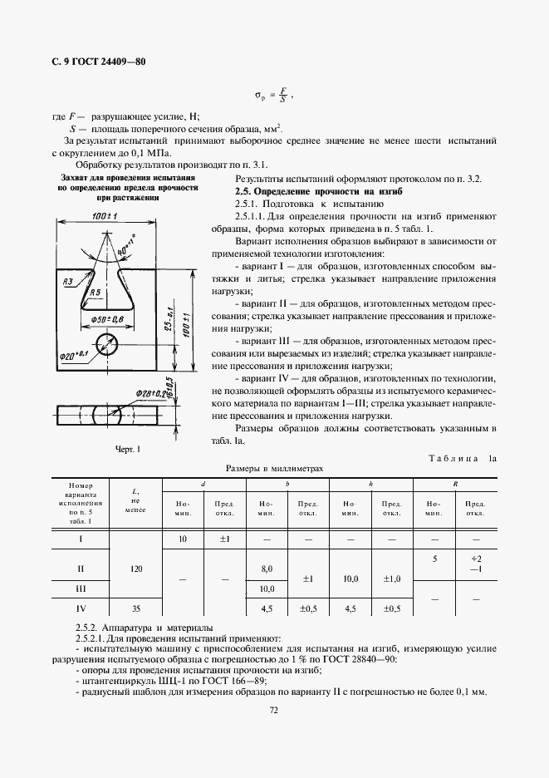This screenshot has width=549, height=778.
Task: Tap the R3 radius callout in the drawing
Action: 69,283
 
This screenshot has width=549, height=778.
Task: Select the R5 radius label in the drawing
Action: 96,293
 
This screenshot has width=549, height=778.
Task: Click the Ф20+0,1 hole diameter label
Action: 74,356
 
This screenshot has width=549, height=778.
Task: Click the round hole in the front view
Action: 107,342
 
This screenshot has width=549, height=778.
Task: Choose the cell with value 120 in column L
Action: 136,569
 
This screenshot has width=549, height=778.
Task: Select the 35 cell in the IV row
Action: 136,608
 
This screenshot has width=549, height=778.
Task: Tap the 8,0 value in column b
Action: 267,569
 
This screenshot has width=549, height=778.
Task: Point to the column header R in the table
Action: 456,484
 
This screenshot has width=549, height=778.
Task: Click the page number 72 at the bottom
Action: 274,709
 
